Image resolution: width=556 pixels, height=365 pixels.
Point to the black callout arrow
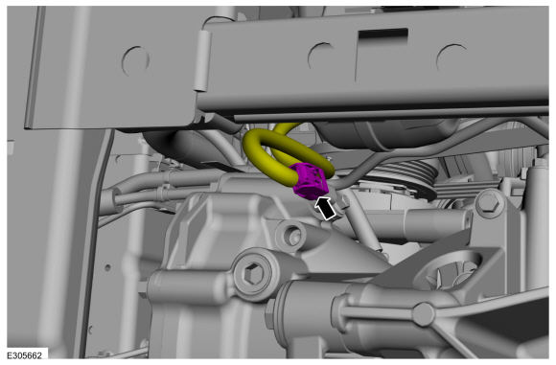point(326,209)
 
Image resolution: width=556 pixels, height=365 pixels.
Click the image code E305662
point(25,355)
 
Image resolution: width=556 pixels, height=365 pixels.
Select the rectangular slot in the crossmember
point(382,34)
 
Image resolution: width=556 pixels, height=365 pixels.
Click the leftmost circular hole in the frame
point(135,61)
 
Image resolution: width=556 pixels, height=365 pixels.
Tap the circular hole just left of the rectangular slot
point(321,56)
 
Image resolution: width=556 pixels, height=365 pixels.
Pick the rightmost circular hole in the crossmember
point(452,57)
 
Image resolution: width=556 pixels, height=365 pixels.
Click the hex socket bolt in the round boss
point(253,274)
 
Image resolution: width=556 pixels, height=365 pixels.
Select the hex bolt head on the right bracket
point(489,205)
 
